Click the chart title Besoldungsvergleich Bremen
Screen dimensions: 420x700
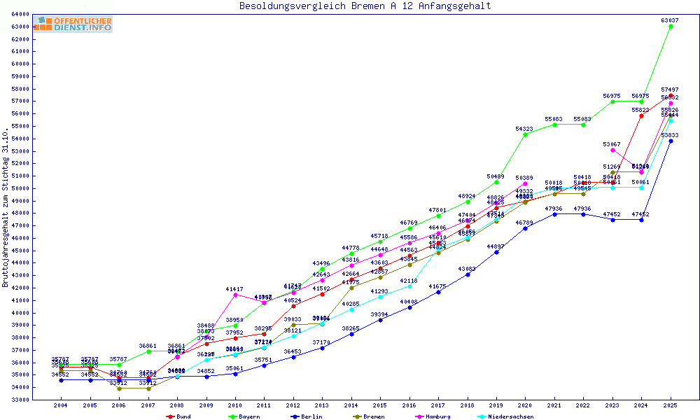365,6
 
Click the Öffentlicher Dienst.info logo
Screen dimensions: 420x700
73,24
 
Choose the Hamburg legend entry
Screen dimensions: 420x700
435,416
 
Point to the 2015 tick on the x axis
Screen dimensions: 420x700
380,405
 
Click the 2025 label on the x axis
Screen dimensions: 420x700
671,405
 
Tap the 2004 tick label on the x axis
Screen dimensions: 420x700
62,405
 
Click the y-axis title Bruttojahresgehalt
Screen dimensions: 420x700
6,207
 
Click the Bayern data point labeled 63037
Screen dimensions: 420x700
671,26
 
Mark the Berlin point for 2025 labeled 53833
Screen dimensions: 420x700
671,141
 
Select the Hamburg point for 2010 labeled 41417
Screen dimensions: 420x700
235,295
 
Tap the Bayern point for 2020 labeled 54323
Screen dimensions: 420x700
525,134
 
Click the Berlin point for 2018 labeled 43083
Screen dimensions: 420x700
468,274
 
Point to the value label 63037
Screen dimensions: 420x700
671,20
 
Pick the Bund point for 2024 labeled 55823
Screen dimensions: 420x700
641,116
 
